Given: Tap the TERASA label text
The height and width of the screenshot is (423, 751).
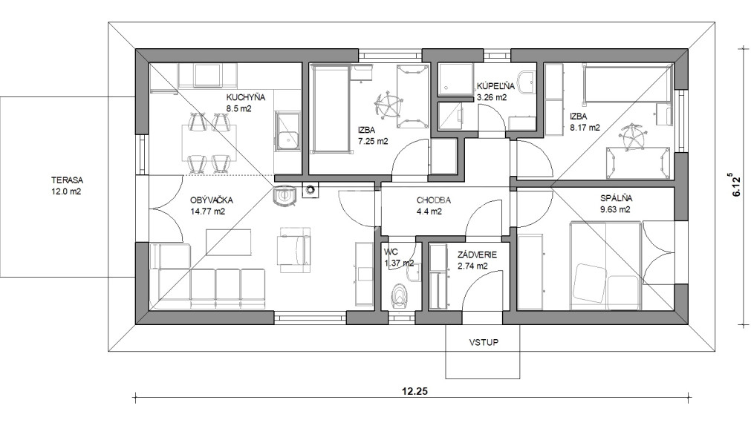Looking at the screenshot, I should pyautogui.click(x=67, y=180).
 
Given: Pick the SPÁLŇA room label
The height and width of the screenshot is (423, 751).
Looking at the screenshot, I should pyautogui.click(x=616, y=199).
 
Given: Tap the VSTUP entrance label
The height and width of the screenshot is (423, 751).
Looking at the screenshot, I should pyautogui.click(x=483, y=343).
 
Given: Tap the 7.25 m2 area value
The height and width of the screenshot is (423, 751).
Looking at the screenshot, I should pyautogui.click(x=373, y=140).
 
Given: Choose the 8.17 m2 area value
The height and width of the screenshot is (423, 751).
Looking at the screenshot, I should pyautogui.click(x=585, y=127).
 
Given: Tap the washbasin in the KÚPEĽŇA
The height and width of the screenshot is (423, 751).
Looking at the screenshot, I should pyautogui.click(x=527, y=82).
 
